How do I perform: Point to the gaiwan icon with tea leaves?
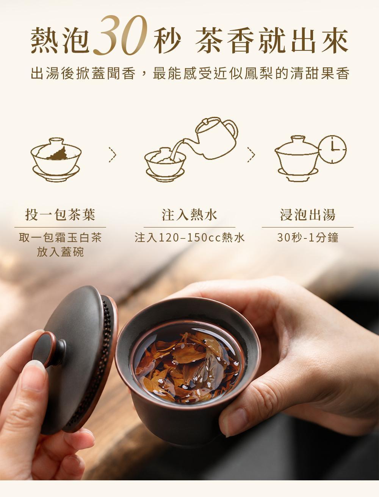point(56,159)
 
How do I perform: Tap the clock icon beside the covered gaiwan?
point(332,149)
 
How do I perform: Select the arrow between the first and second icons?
point(113,155)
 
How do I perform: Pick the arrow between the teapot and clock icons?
point(251,155)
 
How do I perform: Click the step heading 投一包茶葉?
point(60,214)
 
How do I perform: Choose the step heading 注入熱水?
point(189,214)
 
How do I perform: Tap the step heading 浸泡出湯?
point(308,214)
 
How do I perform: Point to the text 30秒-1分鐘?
point(308,237)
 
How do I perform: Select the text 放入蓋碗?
point(60,252)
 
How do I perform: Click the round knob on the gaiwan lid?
point(49,349)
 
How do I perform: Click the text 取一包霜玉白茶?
point(60,237)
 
